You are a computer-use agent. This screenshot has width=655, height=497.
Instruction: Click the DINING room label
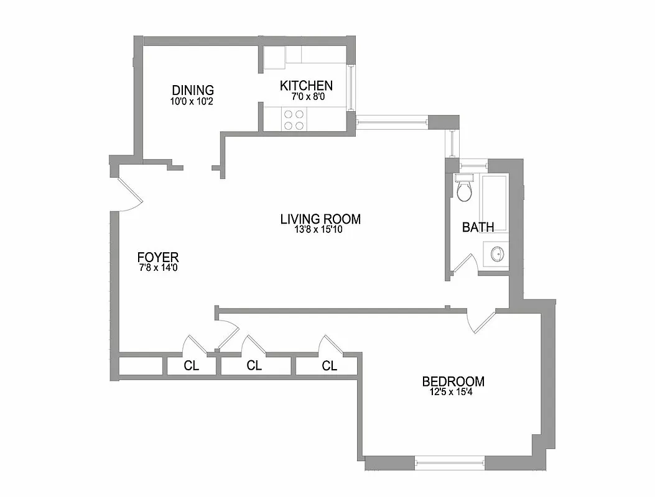(193, 90)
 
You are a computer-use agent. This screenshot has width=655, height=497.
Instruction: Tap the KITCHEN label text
(306, 86)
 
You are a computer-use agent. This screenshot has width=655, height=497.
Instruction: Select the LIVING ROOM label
(320, 219)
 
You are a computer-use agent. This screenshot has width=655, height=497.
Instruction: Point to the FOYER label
(158, 257)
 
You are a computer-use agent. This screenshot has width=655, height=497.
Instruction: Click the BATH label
(478, 227)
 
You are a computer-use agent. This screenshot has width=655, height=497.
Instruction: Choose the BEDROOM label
(453, 381)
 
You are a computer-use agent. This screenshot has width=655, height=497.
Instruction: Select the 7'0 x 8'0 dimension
(306, 97)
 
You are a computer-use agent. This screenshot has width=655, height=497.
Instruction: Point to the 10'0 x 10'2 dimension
(193, 101)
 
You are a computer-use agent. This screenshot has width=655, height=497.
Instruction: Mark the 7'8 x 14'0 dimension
(158, 268)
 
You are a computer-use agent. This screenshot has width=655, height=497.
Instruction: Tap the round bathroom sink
(497, 255)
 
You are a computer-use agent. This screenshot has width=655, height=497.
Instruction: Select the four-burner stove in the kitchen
(294, 119)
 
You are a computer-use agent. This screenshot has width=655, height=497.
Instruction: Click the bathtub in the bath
(496, 202)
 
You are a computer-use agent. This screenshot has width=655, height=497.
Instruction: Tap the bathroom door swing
(464, 265)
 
